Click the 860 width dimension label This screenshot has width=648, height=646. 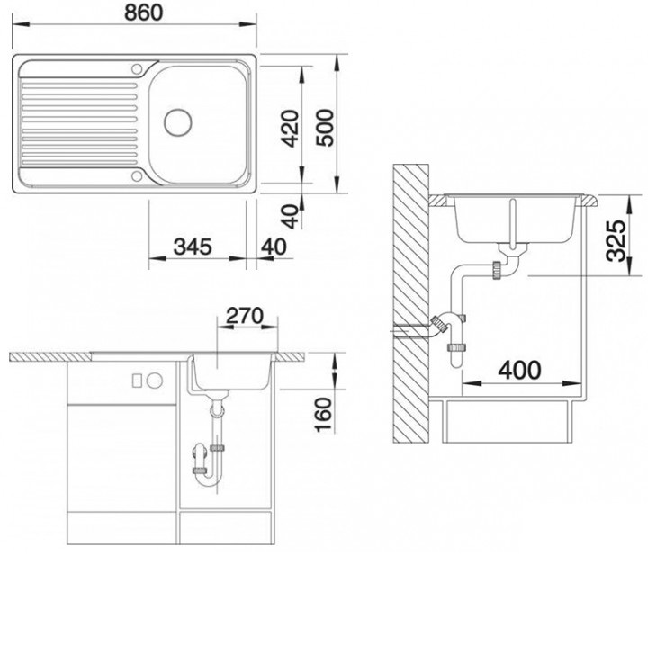point(144,13)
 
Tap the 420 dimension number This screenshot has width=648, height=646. point(290,128)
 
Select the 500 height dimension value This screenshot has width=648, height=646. point(325,128)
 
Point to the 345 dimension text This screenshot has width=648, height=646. point(193,247)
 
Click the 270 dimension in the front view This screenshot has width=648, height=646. point(245,316)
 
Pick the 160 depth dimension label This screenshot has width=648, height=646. point(323,415)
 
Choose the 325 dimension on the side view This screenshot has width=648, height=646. point(616,241)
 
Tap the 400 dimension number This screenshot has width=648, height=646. point(519,370)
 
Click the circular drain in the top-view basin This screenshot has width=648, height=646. point(178,122)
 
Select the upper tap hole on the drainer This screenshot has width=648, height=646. point(137,68)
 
